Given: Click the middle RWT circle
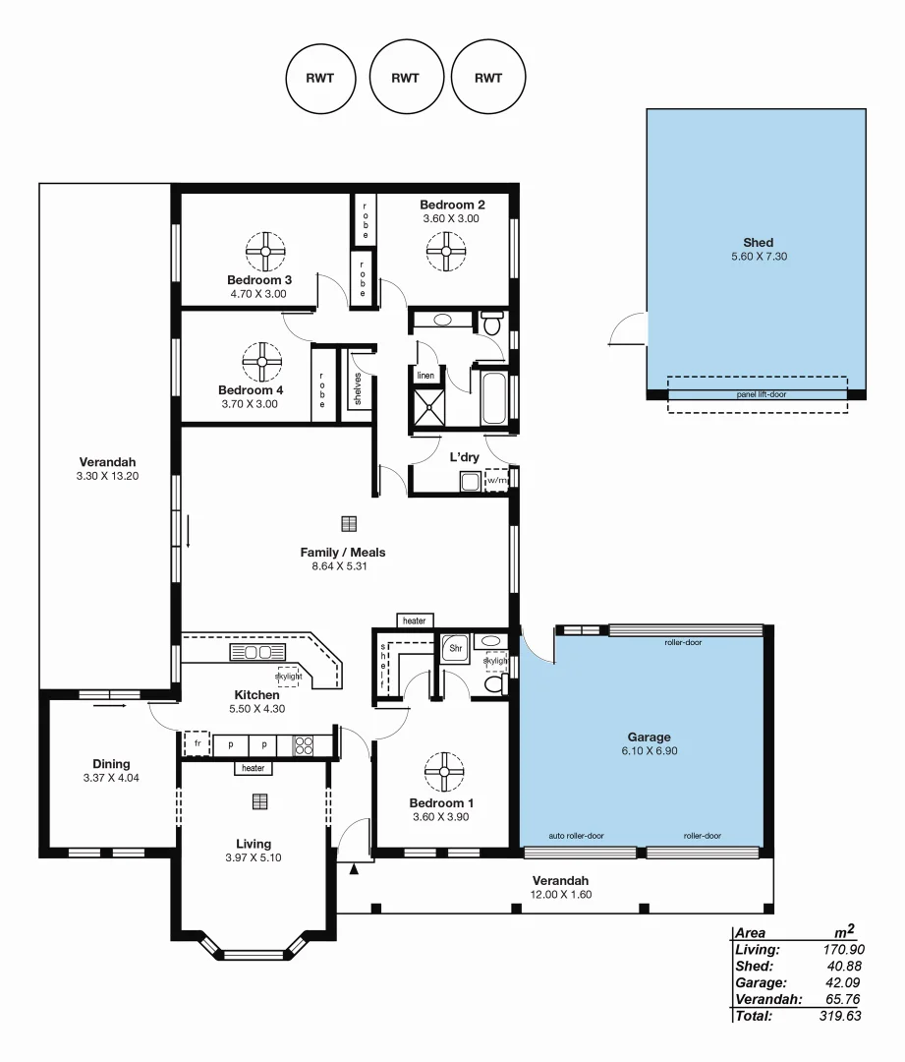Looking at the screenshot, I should (405, 79).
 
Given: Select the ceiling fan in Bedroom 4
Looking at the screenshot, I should (262, 361).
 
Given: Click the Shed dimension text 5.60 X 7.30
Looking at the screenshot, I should (758, 257).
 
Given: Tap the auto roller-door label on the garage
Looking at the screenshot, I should (577, 836).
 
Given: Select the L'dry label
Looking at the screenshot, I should (464, 457).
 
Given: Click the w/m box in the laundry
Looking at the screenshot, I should (497, 481).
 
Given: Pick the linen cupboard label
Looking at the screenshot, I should (425, 376).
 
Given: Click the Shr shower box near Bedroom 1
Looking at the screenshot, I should (455, 649).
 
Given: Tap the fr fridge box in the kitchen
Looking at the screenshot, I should (198, 744).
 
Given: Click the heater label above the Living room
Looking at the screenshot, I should (254, 769).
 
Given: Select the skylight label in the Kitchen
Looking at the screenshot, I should (289, 676).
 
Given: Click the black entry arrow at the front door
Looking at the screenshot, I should (355, 868).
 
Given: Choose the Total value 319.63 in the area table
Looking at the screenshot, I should (841, 1016).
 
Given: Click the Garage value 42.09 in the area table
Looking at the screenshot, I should (844, 982).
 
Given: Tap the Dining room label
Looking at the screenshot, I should (111, 764).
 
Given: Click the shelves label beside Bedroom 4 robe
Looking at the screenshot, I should (358, 388).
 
